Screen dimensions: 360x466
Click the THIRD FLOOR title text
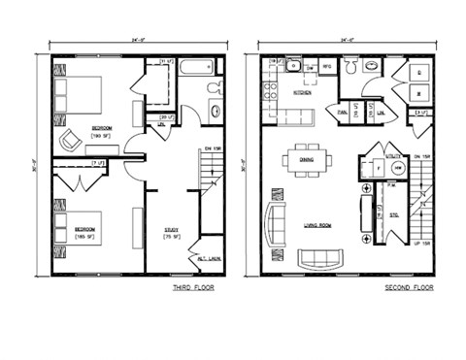(190, 288)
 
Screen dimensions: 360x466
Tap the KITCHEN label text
(303, 94)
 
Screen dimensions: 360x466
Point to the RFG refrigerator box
(327, 67)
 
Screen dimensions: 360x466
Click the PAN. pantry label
(343, 113)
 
